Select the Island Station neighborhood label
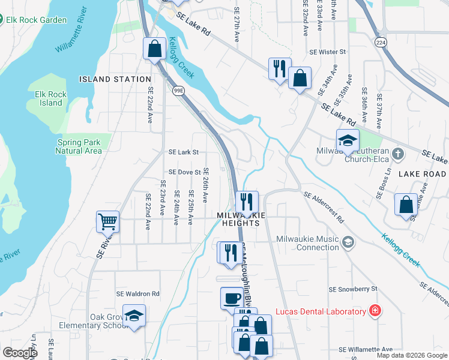[115, 79]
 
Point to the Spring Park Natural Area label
[78, 146]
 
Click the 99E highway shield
[178, 91]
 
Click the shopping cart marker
[107, 221]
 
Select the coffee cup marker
[232, 298]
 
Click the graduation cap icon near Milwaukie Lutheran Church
[348, 140]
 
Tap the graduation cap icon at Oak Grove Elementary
[134, 316]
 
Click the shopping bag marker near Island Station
[154, 48]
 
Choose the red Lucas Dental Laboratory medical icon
[375, 311]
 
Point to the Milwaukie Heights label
[238, 218]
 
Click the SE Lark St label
[183, 152]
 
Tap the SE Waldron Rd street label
[139, 294]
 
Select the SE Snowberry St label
[352, 289]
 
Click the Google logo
[20, 353]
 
